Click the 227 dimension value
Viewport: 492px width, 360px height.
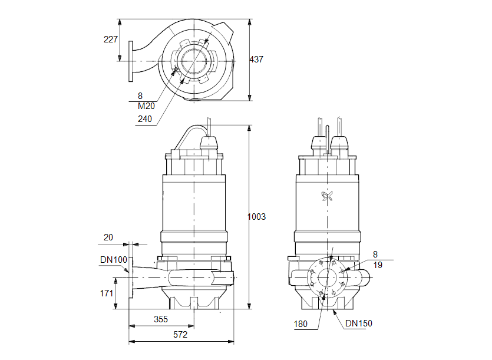click(110, 39)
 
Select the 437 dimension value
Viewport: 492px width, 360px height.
click(257, 60)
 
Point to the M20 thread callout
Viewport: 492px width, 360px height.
click(146, 106)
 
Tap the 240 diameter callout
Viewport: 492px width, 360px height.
click(145, 119)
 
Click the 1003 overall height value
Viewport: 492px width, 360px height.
click(256, 217)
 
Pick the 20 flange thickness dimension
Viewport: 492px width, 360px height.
click(108, 237)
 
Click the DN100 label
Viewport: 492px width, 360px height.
click(113, 260)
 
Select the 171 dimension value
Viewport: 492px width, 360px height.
click(106, 293)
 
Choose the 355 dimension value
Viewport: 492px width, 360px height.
click(160, 319)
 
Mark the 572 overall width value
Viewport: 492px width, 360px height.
click(180, 335)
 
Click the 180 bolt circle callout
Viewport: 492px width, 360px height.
click(301, 323)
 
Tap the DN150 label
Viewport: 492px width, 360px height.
click(359, 323)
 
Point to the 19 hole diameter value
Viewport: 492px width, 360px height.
click(378, 265)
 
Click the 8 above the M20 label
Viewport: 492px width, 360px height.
click(140, 95)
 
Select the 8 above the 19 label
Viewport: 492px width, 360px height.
click(375, 255)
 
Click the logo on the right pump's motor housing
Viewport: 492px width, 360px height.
click(327, 197)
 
